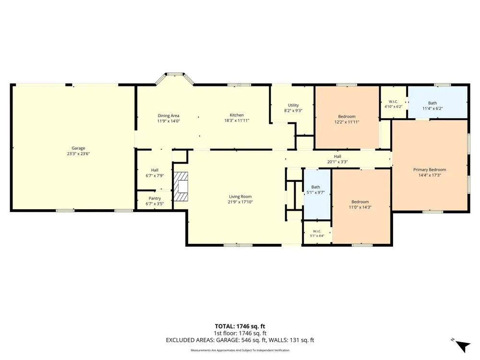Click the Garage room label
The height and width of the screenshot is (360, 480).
click(78, 148)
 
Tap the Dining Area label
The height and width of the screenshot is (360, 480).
click(168, 116)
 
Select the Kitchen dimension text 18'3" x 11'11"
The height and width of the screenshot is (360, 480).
click(237, 120)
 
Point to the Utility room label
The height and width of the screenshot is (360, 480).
click(293, 105)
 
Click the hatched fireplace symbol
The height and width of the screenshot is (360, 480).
click(181, 186)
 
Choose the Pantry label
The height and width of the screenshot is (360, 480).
click(155, 198)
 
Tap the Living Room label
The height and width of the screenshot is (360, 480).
click(240, 196)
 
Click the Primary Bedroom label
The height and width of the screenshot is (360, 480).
click(430, 169)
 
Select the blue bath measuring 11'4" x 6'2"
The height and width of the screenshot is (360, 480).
click(438, 102)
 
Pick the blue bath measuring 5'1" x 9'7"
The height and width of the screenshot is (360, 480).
click(317, 194)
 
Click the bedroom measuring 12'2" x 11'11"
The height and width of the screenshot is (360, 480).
click(348, 118)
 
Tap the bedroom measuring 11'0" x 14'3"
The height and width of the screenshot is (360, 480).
click(361, 206)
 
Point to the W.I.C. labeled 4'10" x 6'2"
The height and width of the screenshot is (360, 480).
click(394, 102)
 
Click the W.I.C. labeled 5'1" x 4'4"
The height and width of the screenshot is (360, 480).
click(317, 231)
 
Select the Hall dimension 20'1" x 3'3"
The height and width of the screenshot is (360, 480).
click(337, 162)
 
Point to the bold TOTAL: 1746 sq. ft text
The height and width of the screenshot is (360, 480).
click(240, 326)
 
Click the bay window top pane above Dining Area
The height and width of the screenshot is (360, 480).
click(175, 74)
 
